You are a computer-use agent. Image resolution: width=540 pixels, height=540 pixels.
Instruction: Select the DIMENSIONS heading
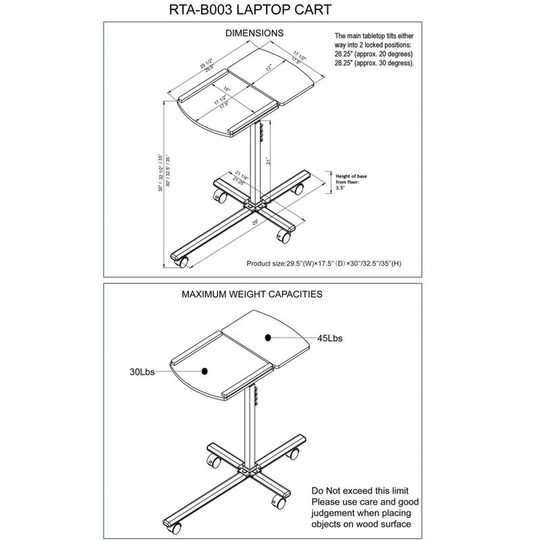click(254, 32)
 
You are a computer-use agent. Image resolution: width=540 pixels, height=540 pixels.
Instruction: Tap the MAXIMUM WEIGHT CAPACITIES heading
click(252, 294)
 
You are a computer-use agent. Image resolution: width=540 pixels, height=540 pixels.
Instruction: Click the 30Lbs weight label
click(142, 371)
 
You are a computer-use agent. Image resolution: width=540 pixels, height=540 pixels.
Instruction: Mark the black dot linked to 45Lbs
click(268, 335)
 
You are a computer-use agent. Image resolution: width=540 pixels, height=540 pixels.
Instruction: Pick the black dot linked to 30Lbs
click(205, 369)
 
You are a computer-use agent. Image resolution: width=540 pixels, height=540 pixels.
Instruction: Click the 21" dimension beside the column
click(268, 162)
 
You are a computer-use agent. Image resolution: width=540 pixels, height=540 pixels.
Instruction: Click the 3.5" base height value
click(340, 190)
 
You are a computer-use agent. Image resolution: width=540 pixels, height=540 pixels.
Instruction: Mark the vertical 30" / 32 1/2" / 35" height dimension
click(160, 172)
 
